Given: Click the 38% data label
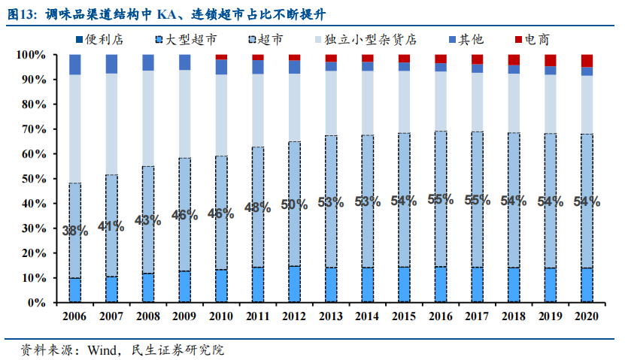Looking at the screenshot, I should pos(75,231).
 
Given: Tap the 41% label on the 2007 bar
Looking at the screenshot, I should pos(111,225).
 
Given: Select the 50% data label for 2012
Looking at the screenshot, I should pos(294,205).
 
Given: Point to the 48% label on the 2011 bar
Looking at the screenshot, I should pos(257,208).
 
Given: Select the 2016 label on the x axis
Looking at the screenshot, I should pos(440,317).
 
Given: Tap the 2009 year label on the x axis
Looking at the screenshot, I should pos(185,317).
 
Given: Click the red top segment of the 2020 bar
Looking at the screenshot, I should pos(587,60).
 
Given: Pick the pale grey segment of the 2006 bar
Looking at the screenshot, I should pos(75,128).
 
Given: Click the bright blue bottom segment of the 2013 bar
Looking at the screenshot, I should pos(331,285).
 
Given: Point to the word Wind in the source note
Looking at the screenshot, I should pos(105,349).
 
